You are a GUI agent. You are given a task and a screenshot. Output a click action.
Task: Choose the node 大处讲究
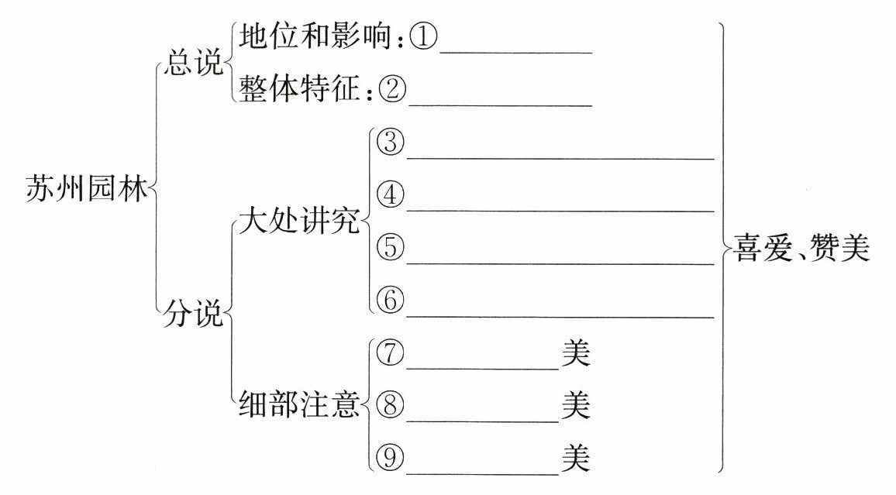[x=299, y=223]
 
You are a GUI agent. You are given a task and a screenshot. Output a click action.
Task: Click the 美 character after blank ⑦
[x=576, y=354]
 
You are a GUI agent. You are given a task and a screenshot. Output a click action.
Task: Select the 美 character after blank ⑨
[x=576, y=459]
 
